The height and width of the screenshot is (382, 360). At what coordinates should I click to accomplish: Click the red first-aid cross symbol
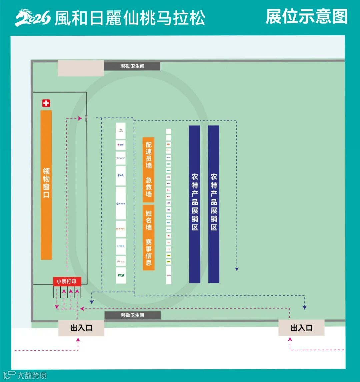[46, 104]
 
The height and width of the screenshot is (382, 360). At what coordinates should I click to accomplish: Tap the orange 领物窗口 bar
[46, 185]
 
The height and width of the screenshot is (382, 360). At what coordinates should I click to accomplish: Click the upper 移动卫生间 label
[132, 66]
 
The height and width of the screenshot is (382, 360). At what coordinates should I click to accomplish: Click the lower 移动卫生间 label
[132, 315]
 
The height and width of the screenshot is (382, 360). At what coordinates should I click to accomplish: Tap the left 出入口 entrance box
[81, 328]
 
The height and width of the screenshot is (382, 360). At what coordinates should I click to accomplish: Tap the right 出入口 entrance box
[301, 328]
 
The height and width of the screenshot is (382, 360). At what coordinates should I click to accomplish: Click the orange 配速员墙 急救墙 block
[149, 170]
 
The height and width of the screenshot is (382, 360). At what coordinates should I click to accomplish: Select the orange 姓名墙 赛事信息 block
[149, 237]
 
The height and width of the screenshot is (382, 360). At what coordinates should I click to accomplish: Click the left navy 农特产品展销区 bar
[195, 204]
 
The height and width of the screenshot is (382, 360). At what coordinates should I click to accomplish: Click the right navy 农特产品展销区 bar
[214, 204]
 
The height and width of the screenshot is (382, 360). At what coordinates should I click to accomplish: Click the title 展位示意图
[306, 17]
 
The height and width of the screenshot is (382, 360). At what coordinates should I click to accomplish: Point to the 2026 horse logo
[33, 18]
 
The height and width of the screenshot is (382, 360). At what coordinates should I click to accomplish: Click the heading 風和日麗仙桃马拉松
[129, 18]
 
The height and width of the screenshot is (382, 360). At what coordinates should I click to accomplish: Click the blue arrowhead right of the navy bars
[237, 268]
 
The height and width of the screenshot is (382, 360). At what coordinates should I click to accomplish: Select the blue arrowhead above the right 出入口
[304, 308]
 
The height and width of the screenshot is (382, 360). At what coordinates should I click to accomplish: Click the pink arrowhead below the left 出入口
[78, 340]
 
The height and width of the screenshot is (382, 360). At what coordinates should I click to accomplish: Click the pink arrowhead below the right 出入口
[290, 339]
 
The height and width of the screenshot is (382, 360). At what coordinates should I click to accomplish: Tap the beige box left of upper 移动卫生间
[81, 68]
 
